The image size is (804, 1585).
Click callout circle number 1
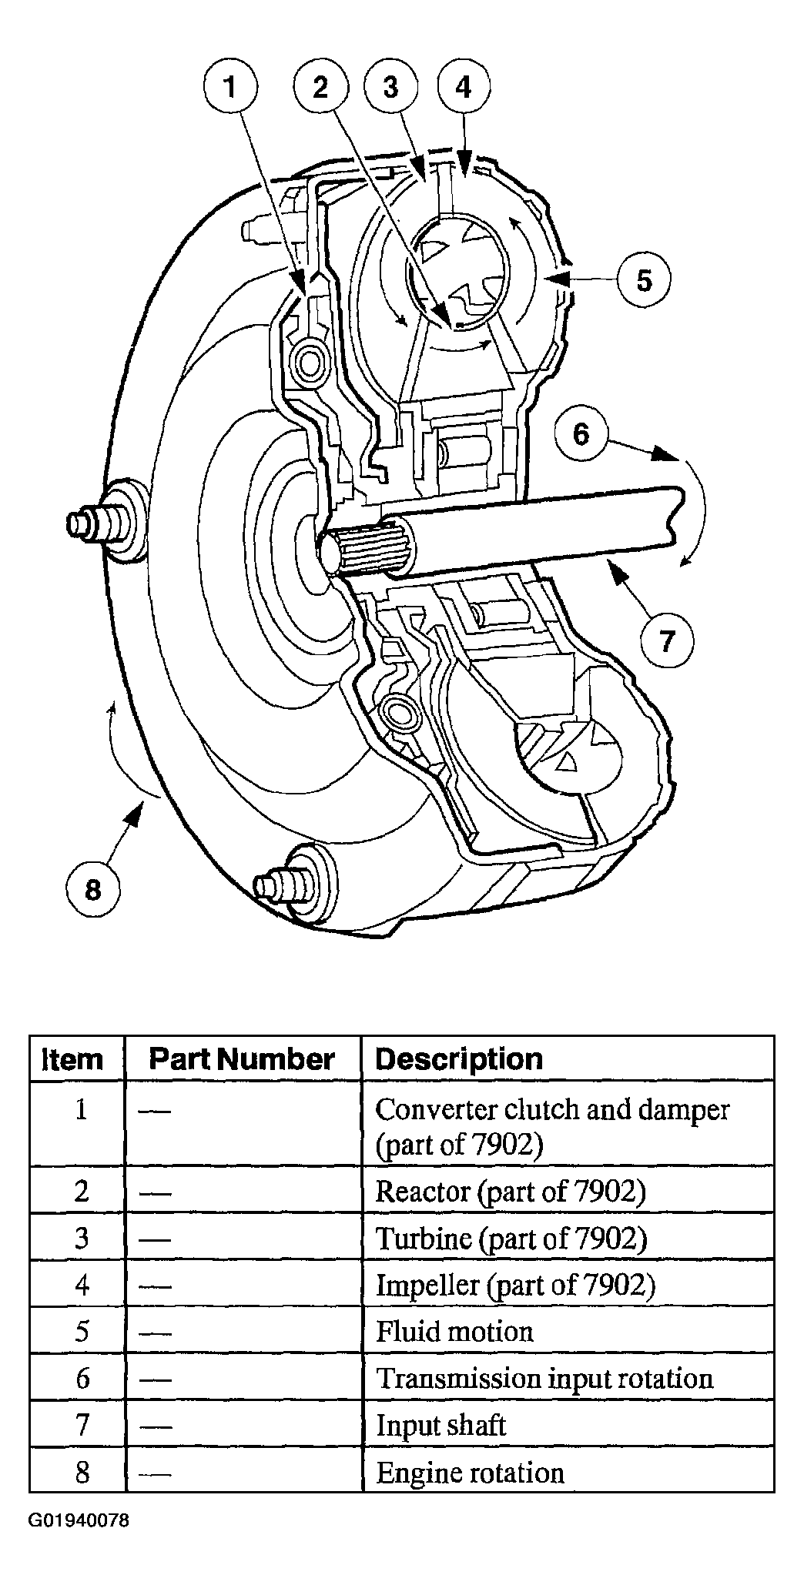pyautogui.click(x=230, y=88)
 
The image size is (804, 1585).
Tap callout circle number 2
pyautogui.click(x=321, y=88)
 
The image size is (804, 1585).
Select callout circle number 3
pyautogui.click(x=391, y=88)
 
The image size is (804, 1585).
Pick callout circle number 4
pyautogui.click(x=463, y=88)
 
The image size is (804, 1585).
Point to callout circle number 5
pyautogui.click(x=644, y=279)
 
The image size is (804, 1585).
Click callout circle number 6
pyautogui.click(x=581, y=433)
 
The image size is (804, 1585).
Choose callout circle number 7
pyautogui.click(x=667, y=640)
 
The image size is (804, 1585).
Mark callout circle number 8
pyautogui.click(x=93, y=890)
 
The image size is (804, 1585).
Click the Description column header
pyautogui.click(x=459, y=1059)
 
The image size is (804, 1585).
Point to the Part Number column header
pyautogui.click(x=242, y=1059)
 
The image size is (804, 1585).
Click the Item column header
pyautogui.click(x=72, y=1059)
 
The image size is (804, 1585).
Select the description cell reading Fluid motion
pyautogui.click(x=454, y=1332)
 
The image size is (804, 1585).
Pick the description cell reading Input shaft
pyautogui.click(x=441, y=1426)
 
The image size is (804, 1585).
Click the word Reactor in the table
pyautogui.click(x=423, y=1191)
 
